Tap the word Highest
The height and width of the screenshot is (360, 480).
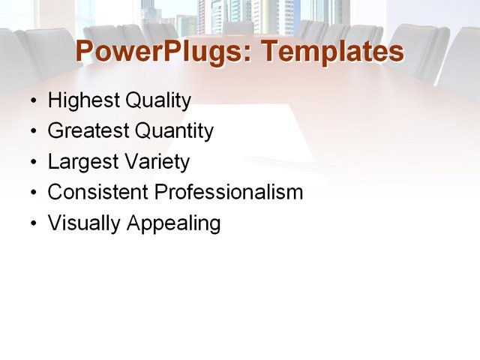pyautogui.click(x=78, y=100)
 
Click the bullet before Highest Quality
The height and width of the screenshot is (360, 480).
pyautogui.click(x=32, y=101)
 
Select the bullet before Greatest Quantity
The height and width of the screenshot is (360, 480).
pyautogui.click(x=32, y=132)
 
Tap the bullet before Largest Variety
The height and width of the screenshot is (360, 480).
pyautogui.click(x=32, y=163)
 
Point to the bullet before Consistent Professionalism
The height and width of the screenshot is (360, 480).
pyautogui.click(x=32, y=193)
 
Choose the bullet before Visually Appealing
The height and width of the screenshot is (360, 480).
pyautogui.click(x=32, y=224)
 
